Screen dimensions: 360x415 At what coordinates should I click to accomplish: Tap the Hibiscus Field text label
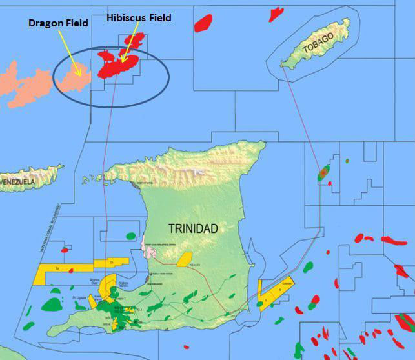[x=139, y=18]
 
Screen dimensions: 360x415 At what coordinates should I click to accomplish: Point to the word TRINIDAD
[x=193, y=228]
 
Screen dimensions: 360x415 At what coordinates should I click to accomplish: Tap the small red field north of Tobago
[x=276, y=13]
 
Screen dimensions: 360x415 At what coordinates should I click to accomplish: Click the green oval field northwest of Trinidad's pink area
[x=132, y=236]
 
